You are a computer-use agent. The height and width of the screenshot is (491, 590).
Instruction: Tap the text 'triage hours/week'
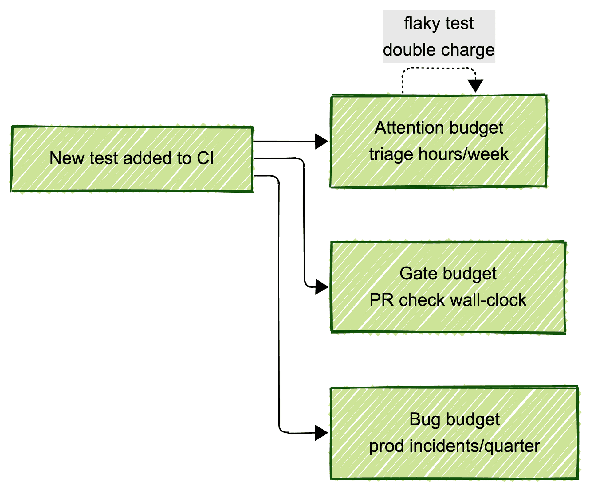439,154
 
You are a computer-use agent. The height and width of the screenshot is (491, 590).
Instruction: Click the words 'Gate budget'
448,273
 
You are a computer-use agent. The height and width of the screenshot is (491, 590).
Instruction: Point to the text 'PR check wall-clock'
448,300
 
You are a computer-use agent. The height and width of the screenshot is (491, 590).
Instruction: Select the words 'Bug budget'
454,419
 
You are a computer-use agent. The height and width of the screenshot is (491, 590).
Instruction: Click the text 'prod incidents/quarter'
454,446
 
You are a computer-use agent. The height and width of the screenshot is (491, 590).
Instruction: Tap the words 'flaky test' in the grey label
439,23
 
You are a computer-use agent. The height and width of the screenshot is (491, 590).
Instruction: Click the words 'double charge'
439,50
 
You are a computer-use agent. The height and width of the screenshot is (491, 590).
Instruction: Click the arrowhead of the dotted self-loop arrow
475,85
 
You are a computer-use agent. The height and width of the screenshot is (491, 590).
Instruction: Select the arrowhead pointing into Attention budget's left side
321,142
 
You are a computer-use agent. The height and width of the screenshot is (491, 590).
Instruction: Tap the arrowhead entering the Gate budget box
321,287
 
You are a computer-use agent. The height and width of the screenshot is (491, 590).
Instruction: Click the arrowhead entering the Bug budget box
321,433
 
